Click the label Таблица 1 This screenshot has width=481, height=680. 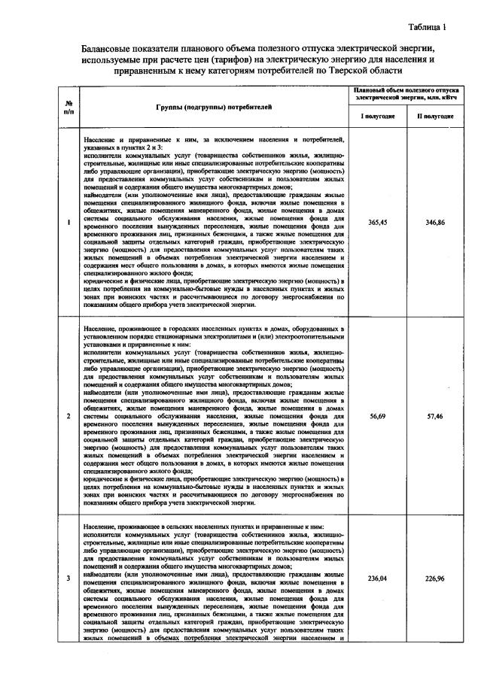pos(427,28)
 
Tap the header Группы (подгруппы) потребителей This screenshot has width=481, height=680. pos(214,107)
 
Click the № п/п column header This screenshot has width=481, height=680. pos(68,107)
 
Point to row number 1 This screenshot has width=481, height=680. pos(68,223)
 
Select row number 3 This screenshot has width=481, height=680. pos(68,578)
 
